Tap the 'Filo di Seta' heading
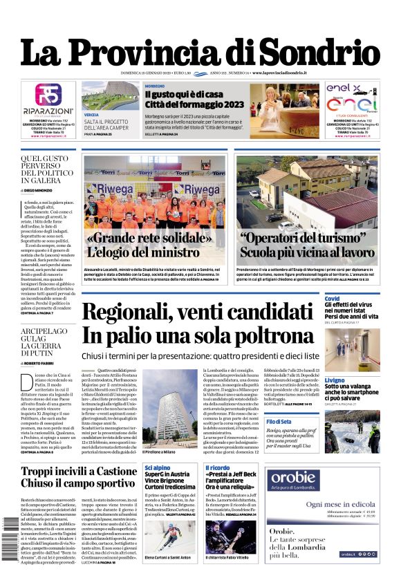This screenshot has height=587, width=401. [x=337, y=421]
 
